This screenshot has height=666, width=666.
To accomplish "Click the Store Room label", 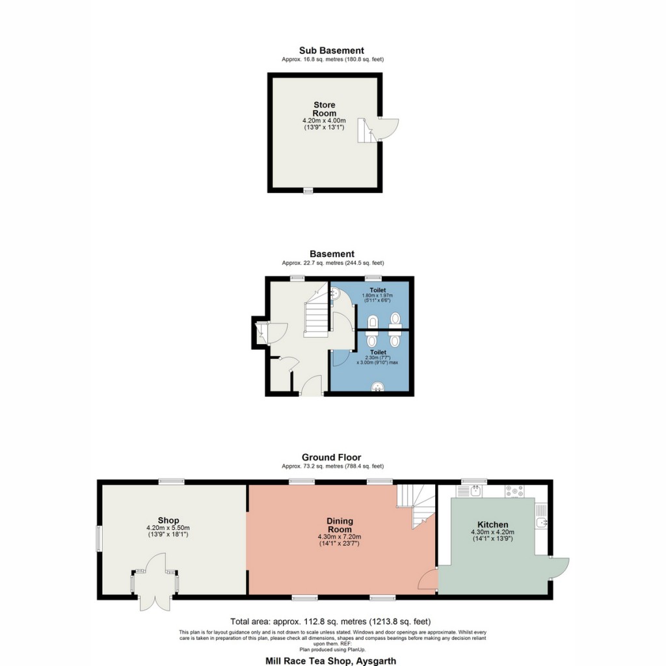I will (x=325, y=109).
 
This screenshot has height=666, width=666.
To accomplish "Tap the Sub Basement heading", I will (x=332, y=50).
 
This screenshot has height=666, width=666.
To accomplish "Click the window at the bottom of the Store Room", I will (x=308, y=191).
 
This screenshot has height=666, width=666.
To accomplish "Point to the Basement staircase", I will (x=315, y=315).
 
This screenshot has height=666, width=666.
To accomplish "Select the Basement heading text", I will (x=332, y=254).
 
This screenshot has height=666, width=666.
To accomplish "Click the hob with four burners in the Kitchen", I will (x=514, y=492).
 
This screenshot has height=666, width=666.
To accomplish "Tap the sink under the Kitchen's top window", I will (x=477, y=491).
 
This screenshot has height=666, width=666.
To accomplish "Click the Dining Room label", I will (x=340, y=525).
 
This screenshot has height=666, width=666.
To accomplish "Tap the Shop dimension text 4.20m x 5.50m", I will (x=168, y=527).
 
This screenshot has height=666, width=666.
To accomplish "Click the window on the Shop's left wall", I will (x=100, y=538).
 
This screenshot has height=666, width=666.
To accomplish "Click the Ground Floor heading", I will (x=331, y=457).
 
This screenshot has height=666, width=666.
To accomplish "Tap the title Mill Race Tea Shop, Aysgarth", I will (x=330, y=661).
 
